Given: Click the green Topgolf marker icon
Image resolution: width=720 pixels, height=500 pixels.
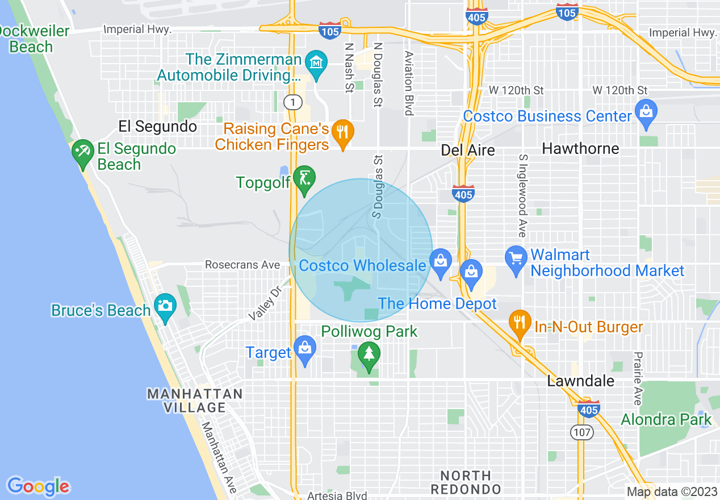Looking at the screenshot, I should [305, 178].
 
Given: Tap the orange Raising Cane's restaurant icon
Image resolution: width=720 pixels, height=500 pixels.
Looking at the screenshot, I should [342, 132].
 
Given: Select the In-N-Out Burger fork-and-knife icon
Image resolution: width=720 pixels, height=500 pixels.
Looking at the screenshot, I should [520, 323].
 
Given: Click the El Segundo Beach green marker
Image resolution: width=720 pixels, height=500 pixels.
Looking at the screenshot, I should [83, 152].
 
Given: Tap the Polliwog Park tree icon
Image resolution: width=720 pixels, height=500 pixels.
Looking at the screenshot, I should [369, 355].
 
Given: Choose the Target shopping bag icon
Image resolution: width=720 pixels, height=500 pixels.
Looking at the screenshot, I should [305, 347].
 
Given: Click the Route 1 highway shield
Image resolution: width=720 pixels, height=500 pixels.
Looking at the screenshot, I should [292, 102].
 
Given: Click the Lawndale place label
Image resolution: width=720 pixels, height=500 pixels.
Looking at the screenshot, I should [580, 381].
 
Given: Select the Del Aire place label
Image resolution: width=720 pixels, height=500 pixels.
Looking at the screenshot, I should [468, 150].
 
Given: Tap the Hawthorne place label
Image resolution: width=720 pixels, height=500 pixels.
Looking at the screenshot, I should [580, 149].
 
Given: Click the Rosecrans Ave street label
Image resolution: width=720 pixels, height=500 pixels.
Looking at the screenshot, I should [242, 265].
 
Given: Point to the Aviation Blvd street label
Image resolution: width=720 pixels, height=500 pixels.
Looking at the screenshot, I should [408, 83].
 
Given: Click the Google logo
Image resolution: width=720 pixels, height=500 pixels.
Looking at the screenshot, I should [39, 486].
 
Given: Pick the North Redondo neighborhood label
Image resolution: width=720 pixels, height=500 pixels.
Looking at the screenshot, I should [466, 482].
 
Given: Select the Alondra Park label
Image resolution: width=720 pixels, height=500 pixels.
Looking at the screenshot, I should [665, 420].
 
